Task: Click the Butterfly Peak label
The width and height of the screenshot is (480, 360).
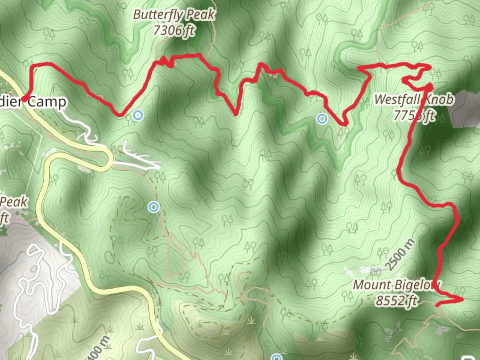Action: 174,15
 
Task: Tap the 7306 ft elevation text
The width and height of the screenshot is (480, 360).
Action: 174,31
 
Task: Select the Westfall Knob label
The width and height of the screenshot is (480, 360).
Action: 414,99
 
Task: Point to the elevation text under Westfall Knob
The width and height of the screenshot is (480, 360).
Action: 414,115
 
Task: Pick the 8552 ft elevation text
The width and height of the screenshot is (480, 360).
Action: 396,301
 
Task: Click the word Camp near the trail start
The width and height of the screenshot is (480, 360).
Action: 47,102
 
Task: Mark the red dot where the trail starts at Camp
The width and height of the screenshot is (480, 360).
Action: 24,99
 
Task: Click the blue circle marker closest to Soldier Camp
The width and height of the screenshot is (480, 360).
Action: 138,116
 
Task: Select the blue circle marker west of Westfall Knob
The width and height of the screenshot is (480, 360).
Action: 322,118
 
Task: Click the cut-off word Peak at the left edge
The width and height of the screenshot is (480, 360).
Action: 13,202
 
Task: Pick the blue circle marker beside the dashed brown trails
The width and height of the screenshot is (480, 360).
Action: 153,207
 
